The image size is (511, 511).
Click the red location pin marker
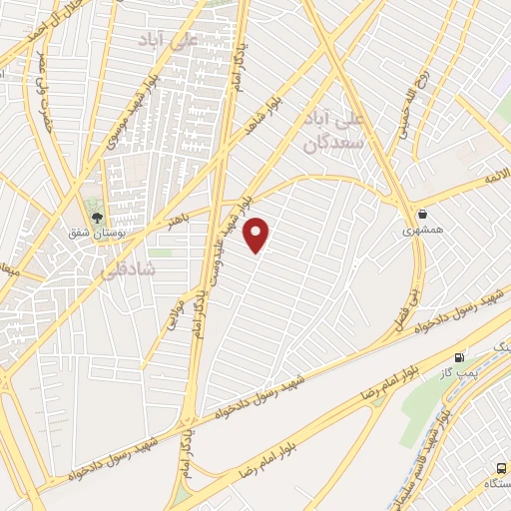pyautogui.click(x=257, y=234)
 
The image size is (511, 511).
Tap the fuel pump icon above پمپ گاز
pyautogui.click(x=459, y=357)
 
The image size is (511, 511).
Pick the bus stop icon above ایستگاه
pyautogui.click(x=501, y=468)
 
